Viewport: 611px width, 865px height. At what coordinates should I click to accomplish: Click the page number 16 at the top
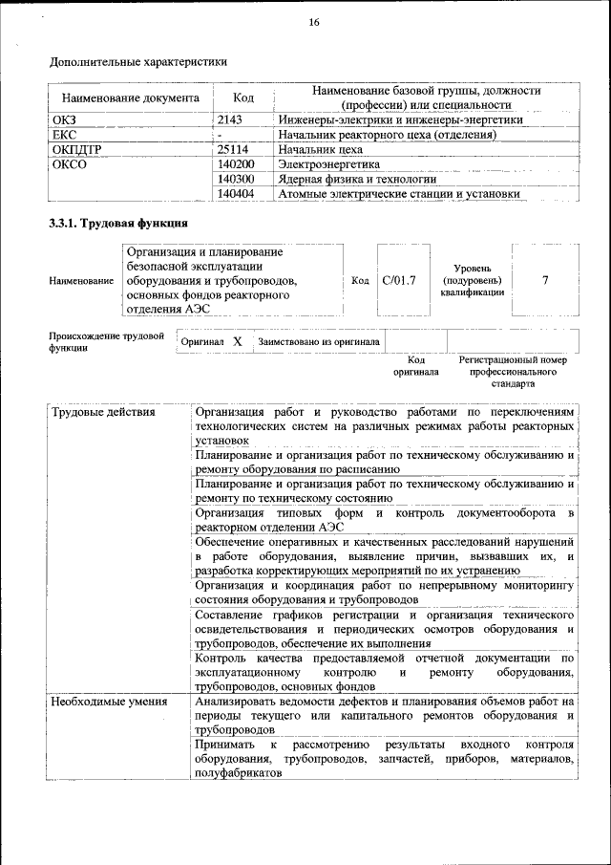point(313,23)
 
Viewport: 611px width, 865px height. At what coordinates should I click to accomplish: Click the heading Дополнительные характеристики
point(138,63)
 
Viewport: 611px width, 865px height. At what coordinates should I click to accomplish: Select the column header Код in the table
point(242,97)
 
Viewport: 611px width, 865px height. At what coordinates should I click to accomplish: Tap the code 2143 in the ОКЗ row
point(231,120)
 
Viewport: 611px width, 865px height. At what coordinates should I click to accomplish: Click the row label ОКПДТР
point(76,150)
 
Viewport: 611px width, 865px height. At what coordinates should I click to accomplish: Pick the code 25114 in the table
point(233,150)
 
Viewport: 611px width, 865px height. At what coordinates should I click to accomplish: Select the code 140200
point(236,164)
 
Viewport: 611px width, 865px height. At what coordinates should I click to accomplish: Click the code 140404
point(236,193)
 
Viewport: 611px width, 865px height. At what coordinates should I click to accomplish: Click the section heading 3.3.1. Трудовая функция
point(117,224)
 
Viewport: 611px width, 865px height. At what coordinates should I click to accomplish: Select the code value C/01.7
point(398,281)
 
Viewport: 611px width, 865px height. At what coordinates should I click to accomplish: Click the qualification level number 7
point(545,281)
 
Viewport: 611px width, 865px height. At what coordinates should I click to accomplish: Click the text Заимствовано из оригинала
point(319,341)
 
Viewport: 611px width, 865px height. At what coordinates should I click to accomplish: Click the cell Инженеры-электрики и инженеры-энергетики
point(400,120)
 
